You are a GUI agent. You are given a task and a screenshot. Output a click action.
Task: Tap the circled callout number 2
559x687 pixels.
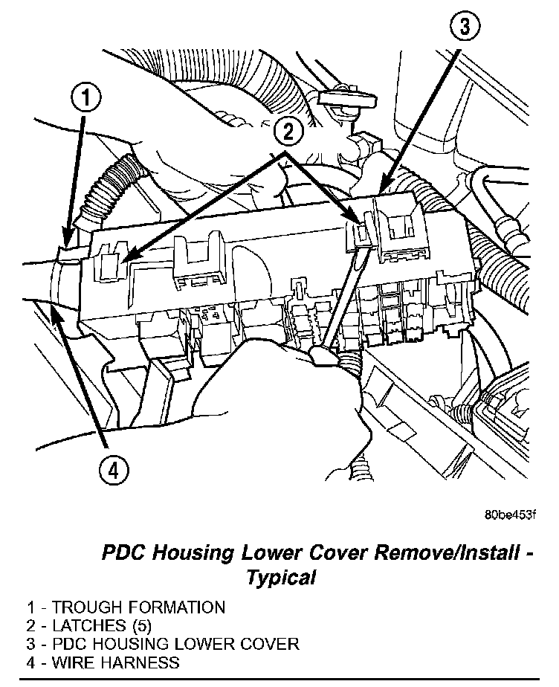pos(288,132)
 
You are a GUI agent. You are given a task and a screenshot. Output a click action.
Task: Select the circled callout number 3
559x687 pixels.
pos(462,28)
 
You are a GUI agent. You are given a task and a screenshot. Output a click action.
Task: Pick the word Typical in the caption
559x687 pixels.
pos(282,577)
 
